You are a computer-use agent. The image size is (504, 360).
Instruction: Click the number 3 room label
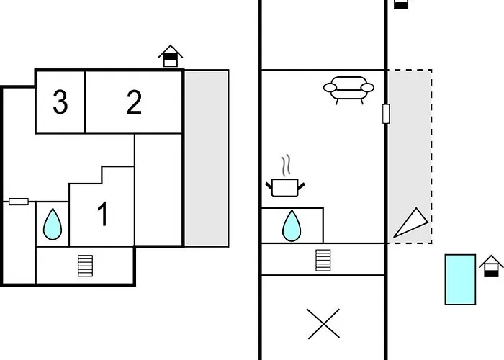pyautogui.click(x=60, y=102)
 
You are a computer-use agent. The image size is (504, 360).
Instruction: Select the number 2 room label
pyautogui.click(x=134, y=102)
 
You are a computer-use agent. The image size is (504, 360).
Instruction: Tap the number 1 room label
pyautogui.click(x=102, y=214)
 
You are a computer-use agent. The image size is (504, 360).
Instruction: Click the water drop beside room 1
pyautogui.click(x=53, y=224)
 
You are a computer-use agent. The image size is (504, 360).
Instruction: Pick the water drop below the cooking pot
pyautogui.click(x=292, y=225)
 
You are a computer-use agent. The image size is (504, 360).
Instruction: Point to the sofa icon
pyautogui.click(x=348, y=90)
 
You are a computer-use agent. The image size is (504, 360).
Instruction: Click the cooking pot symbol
pyautogui.click(x=285, y=188)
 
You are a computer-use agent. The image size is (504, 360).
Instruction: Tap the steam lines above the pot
pyautogui.click(x=286, y=166)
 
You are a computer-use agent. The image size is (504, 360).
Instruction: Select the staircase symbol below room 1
pyautogui.click(x=86, y=266)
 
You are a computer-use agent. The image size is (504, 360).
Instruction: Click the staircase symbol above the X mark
pyautogui.click(x=323, y=261)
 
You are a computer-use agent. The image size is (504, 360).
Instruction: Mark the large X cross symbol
pyautogui.click(x=323, y=324)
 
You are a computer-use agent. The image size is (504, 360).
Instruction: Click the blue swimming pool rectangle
pyautogui.click(x=460, y=279)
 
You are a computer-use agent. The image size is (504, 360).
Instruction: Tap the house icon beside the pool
pyautogui.click(x=491, y=266)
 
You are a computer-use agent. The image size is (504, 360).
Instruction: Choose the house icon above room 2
pyautogui.click(x=171, y=56)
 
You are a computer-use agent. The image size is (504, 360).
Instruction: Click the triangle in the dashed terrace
pyautogui.click(x=411, y=222)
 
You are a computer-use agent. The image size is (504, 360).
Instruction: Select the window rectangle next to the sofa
pyautogui.click(x=386, y=114)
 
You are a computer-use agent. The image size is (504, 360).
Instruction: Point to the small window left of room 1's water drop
pyautogui.click(x=19, y=202)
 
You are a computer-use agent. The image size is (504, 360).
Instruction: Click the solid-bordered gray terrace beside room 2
pyautogui.click(x=207, y=158)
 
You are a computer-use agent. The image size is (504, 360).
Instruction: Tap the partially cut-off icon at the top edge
pyautogui.click(x=401, y=4)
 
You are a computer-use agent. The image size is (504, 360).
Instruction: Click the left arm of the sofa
pyautogui.click(x=330, y=87)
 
